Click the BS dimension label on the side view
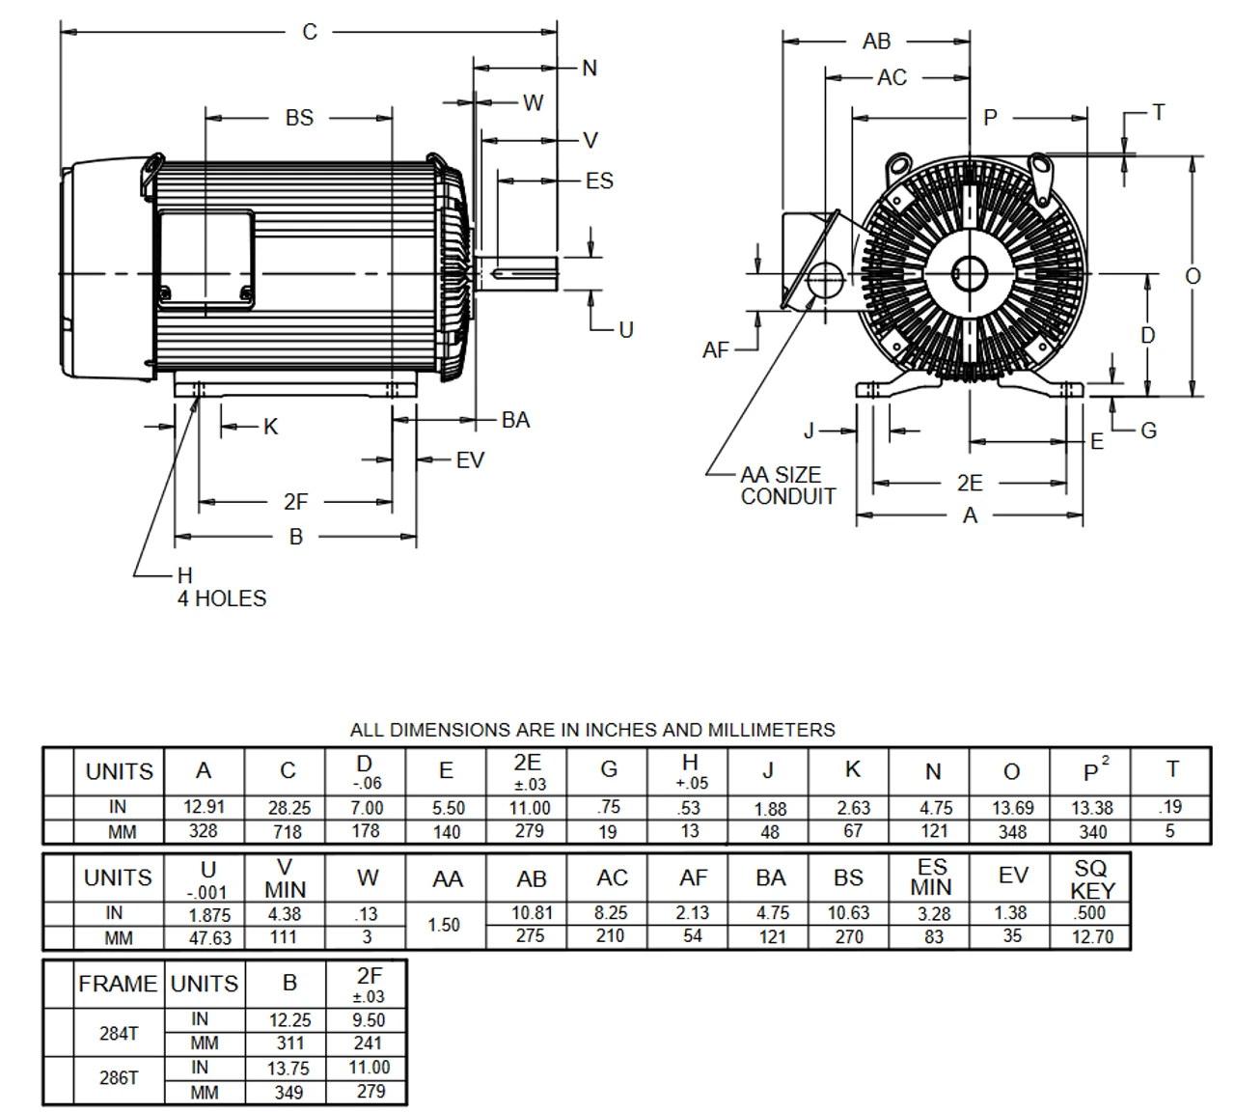coord(299,118)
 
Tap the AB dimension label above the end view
coord(876,42)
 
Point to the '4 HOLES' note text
coord(221,598)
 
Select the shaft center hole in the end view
coord(968,274)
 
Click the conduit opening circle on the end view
coord(823,281)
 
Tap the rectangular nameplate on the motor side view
coord(206,260)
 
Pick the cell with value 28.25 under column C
coord(288,808)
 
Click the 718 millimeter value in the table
coord(288,831)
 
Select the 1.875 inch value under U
coord(208,914)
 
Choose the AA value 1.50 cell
coord(444,925)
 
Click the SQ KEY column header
coord(1092,878)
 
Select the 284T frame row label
coord(119,1033)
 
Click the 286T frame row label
coord(119,1078)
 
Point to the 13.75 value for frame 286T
coord(288,1068)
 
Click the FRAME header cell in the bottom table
coord(118,984)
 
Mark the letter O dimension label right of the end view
coord(1194,276)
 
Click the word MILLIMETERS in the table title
coord(771,730)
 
